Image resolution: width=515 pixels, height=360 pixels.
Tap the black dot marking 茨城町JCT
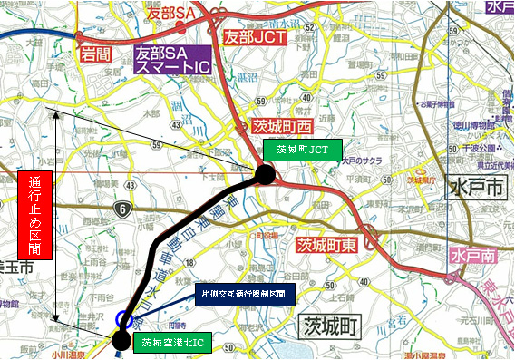(264, 173)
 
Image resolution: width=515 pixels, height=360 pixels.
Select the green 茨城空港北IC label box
(171, 343)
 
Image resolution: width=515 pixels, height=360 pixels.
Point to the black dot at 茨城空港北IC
(121, 341)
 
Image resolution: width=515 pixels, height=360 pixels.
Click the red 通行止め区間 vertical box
(33, 215)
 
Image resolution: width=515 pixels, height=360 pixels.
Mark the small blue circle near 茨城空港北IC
(123, 319)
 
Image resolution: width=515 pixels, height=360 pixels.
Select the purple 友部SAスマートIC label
(172, 61)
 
